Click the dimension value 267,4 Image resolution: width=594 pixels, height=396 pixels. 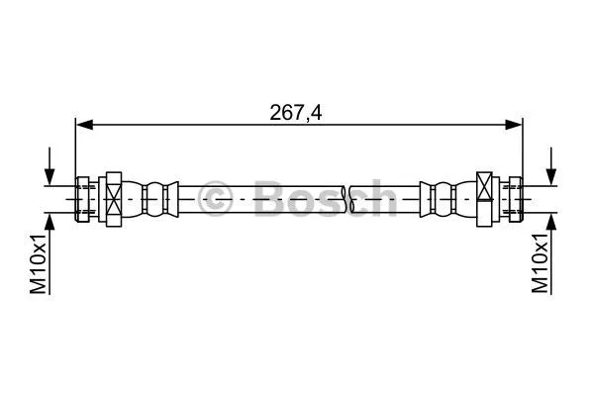click(x=297, y=112)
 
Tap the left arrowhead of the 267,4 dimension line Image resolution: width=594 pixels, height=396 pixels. click(x=83, y=124)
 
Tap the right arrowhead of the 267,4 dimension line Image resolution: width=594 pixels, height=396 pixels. click(x=514, y=124)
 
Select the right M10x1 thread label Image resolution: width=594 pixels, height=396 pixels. click(x=541, y=263)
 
